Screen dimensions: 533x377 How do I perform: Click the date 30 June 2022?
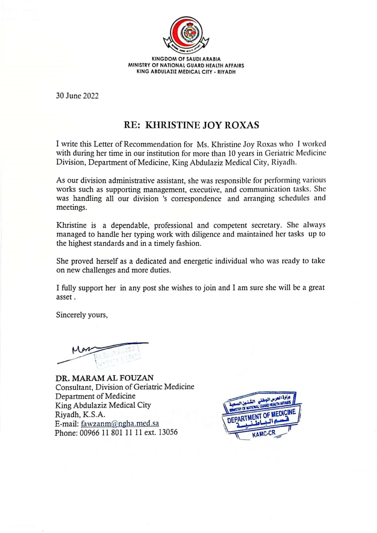click(x=77, y=96)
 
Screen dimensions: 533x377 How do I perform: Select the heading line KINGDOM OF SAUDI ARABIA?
click(x=186, y=59)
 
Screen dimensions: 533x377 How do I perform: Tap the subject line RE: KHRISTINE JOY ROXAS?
click(x=191, y=125)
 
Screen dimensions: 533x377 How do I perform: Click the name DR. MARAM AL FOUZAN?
click(x=104, y=378)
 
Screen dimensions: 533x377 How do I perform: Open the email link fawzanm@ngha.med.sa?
click(x=120, y=423)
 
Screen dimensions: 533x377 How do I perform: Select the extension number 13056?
click(x=168, y=432)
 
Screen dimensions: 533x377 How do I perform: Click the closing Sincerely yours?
click(x=82, y=315)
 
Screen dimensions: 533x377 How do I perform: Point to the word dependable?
click(x=130, y=225)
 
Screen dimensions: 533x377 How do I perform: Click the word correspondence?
click(x=196, y=199)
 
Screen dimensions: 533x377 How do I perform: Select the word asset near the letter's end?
click(x=64, y=297)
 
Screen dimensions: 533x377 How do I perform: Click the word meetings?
click(x=71, y=207)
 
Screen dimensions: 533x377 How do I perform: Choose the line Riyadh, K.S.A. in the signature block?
click(x=80, y=415)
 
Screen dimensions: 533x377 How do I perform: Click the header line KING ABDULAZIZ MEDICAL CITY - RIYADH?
click(x=186, y=72)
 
